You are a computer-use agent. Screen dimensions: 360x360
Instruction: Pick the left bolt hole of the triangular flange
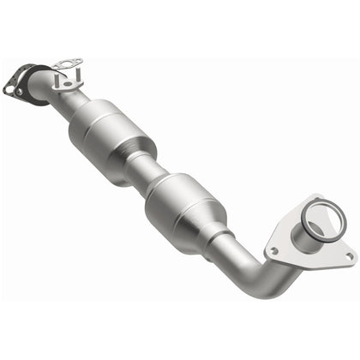pos(273,251)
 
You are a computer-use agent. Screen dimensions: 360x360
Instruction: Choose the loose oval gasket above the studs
pos(67,63)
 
